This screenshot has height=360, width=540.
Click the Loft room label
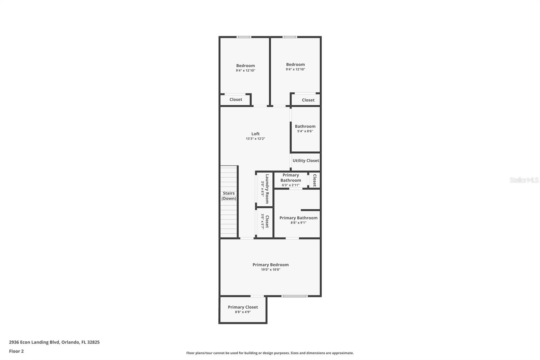(x=255, y=134)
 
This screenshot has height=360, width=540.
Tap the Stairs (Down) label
(x=228, y=196)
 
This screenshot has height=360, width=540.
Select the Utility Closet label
(x=305, y=161)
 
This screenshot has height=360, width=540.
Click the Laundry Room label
(x=267, y=189)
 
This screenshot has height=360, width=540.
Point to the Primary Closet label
(x=243, y=307)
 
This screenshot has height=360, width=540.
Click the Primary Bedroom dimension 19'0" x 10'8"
(x=270, y=269)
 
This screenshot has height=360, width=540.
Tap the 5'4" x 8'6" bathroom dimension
(x=305, y=131)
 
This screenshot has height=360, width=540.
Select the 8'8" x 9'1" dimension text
(x=298, y=223)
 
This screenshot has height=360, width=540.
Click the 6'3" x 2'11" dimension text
(x=291, y=185)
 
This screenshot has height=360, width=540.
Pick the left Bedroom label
(x=245, y=66)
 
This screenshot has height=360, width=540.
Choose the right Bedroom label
(x=295, y=64)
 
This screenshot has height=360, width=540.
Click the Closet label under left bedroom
(x=236, y=100)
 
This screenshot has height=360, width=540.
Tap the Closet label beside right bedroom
(x=308, y=100)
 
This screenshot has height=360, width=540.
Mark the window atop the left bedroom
(x=244, y=37)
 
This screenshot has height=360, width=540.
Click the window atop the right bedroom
(x=290, y=37)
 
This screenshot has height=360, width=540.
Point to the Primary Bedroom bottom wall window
(x=294, y=296)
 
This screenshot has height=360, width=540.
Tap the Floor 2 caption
(x=16, y=351)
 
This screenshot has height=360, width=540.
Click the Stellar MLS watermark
(x=524, y=180)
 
